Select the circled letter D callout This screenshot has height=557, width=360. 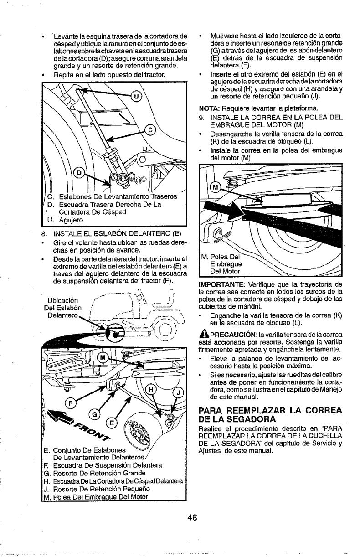(79, 173)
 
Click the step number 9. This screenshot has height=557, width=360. (202, 118)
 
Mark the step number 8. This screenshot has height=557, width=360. (42, 235)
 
